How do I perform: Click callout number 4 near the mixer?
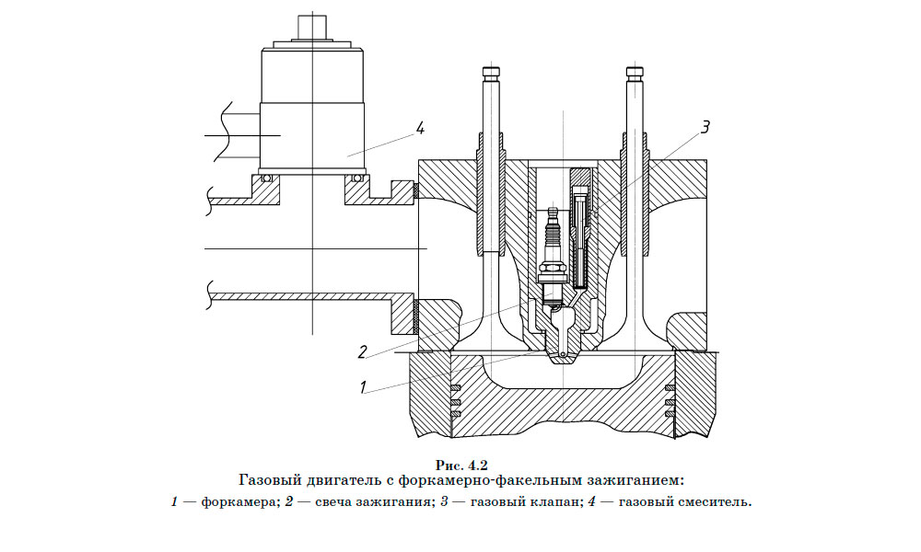tap(420, 128)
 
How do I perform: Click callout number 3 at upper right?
tap(705, 128)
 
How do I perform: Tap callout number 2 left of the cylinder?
tap(363, 351)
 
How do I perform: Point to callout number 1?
tap(363, 387)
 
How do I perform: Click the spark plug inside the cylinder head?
tap(554, 253)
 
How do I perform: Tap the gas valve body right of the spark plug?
tap(579, 235)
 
